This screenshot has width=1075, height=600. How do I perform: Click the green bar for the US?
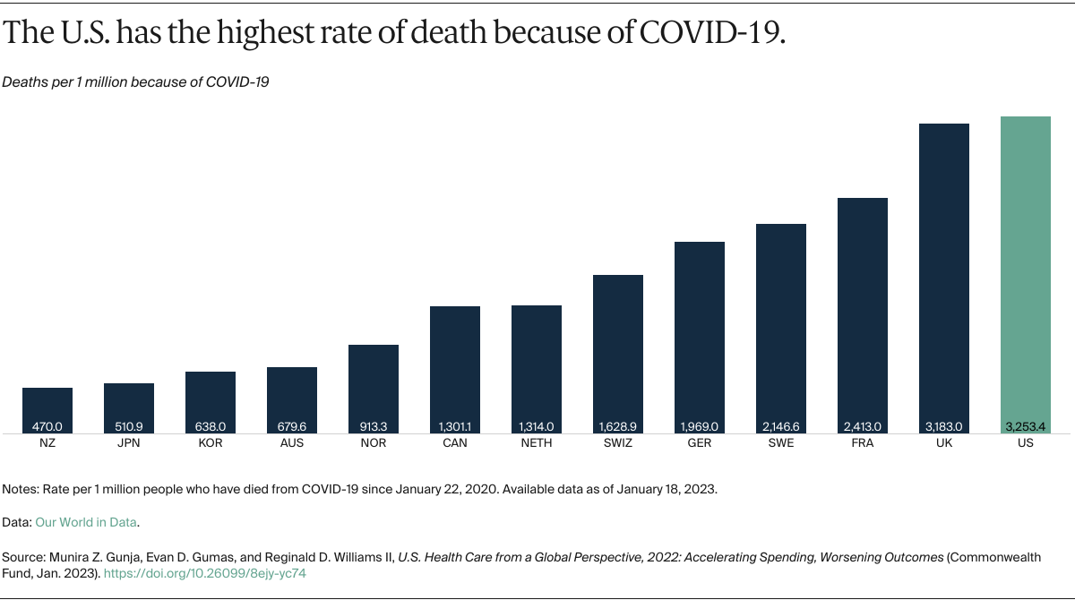1025,269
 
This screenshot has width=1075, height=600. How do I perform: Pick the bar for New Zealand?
47,407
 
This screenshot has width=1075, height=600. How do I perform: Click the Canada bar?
455,367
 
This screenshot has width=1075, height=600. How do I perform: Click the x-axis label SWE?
780,443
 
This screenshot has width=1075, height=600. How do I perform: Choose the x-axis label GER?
699,443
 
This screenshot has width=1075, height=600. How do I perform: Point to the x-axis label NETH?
537,443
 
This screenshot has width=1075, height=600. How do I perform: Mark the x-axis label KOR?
211,443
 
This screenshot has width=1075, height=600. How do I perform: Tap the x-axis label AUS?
292,443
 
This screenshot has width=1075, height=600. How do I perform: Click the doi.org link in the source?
205,573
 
